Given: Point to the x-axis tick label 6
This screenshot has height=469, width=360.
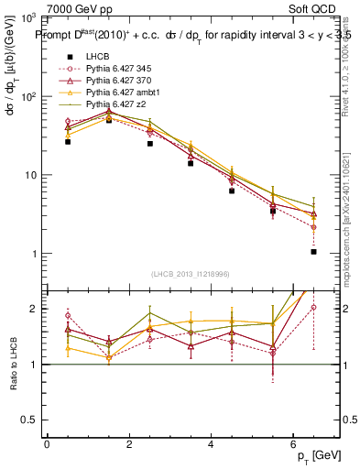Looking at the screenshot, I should (292, 444).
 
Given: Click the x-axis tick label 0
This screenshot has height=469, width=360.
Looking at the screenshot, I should (47, 444).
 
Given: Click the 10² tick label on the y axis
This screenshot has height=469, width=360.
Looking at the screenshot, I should (27, 96).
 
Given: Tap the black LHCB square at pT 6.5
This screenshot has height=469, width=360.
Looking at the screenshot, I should (313, 251).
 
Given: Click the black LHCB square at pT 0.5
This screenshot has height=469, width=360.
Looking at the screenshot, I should (68, 142).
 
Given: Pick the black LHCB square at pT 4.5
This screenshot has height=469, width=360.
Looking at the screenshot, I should (232, 191).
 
